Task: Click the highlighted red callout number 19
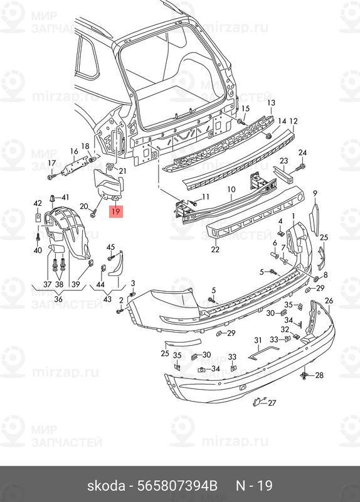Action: [x=115, y=211]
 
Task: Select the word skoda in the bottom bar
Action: [x=106, y=486]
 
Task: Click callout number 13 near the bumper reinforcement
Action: [x=271, y=103]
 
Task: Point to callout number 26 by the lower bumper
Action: [x=329, y=301]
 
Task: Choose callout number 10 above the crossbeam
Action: [x=231, y=190]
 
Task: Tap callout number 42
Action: [x=38, y=203]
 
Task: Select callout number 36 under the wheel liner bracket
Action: [x=58, y=299]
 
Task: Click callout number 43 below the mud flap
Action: [x=107, y=299]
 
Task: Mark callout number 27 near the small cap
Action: [x=272, y=402]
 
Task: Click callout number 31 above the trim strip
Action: [x=258, y=341]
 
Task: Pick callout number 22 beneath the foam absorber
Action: [x=215, y=248]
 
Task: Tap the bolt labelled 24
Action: [x=300, y=167]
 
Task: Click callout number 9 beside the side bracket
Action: [x=315, y=193]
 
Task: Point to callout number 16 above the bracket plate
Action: [x=74, y=151]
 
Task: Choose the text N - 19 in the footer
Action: [x=254, y=486]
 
